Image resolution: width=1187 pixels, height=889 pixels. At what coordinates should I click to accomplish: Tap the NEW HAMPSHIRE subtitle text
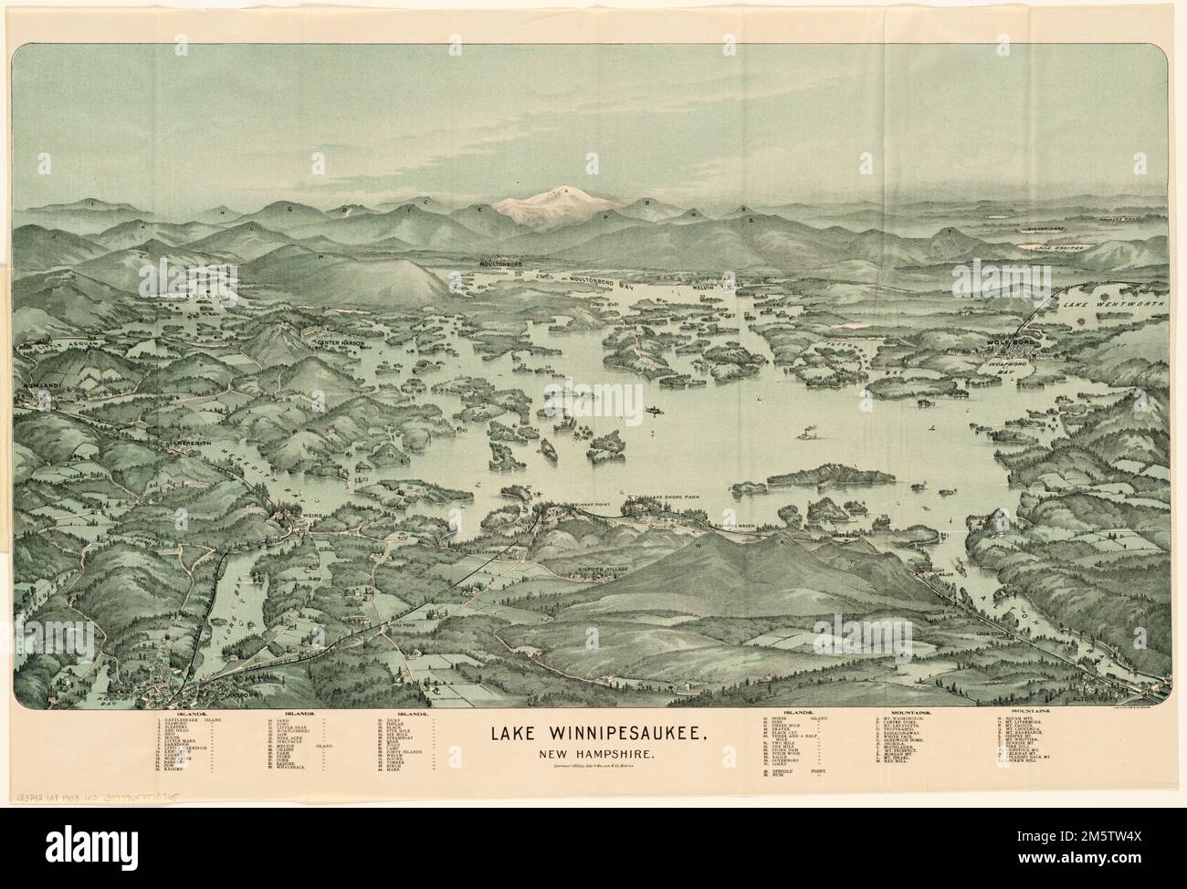point(593,754)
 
